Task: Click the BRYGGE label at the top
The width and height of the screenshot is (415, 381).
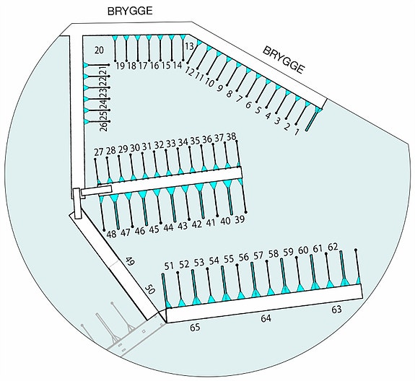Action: [x=130, y=11]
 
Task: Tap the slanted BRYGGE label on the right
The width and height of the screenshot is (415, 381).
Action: [x=284, y=60]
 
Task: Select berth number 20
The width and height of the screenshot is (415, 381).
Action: [x=99, y=50]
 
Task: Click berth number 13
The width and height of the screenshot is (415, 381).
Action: [x=189, y=46]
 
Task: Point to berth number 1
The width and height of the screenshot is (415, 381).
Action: [x=297, y=131]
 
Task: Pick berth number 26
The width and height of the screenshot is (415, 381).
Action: [x=104, y=126]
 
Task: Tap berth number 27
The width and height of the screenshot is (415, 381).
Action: [x=98, y=152]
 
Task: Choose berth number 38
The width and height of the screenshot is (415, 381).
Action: [x=231, y=137]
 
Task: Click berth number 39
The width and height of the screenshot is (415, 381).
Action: [x=240, y=219]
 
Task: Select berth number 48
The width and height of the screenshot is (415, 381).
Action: [x=111, y=234]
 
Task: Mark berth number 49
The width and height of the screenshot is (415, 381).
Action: [x=130, y=262]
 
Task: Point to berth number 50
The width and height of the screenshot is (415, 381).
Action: [x=149, y=290]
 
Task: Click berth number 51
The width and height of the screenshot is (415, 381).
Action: [x=169, y=266]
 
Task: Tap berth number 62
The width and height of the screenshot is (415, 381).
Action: [x=333, y=247]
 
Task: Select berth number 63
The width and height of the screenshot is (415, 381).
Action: [x=336, y=310]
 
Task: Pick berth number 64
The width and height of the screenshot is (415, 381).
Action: [x=266, y=318]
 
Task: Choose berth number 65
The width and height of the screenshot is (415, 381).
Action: [x=195, y=328]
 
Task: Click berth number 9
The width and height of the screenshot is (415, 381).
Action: [x=219, y=88]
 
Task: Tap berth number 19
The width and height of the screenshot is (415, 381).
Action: [x=120, y=66]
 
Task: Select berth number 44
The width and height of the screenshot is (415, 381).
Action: [x=168, y=227]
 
